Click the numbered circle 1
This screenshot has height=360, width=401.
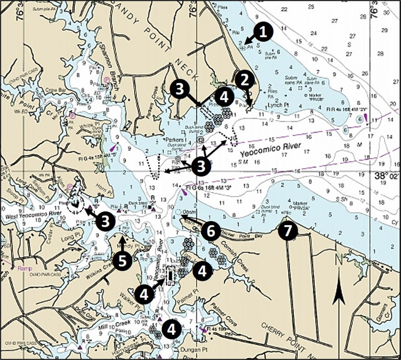click(264, 32)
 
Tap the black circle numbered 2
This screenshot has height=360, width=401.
click(244, 80)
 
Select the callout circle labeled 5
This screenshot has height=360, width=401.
click(122, 260)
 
